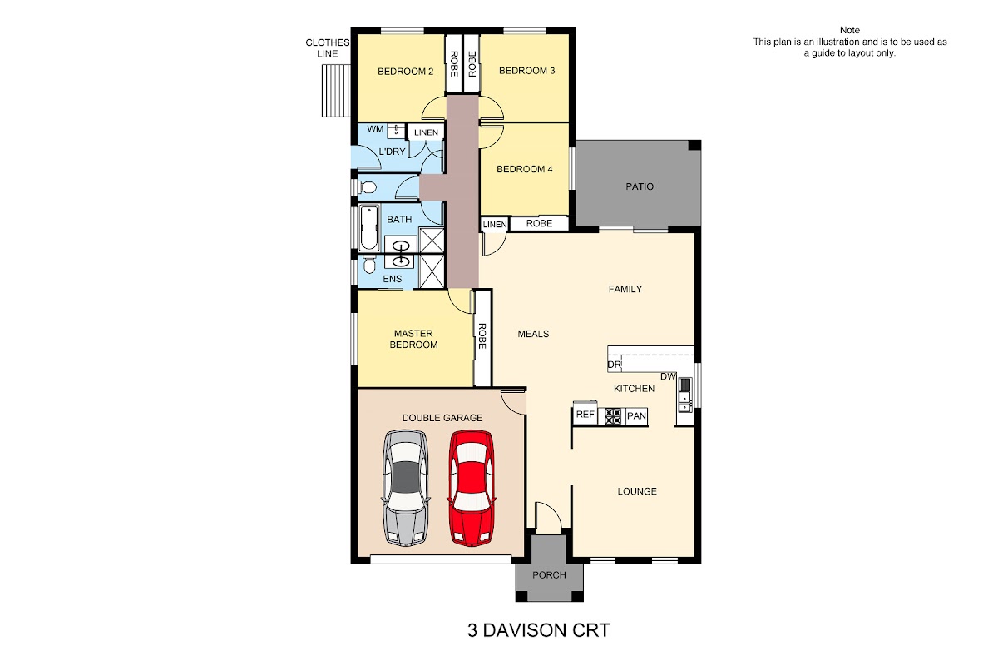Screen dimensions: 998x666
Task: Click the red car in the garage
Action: tap(472, 488)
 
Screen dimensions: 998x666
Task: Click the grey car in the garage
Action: tap(406, 488)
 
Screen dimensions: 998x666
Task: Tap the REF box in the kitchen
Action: tap(585, 415)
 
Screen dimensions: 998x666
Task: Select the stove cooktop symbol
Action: tap(613, 415)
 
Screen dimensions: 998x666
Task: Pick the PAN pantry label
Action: tap(636, 416)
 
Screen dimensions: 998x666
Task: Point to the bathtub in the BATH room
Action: tap(369, 228)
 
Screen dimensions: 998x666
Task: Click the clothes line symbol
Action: tap(336, 91)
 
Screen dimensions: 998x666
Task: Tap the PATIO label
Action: tap(640, 186)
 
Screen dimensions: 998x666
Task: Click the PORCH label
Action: tap(549, 575)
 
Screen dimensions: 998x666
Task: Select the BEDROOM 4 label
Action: tap(525, 169)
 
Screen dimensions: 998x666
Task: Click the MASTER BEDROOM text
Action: tap(413, 339)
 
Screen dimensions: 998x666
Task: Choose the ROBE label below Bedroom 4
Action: tap(539, 223)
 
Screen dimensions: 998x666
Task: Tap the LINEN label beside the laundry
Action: tap(426, 132)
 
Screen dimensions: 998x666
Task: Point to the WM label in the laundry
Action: tap(375, 129)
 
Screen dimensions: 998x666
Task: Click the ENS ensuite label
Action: tap(392, 279)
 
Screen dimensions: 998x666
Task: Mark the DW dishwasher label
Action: tap(668, 376)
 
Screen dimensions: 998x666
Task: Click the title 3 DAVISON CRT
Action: tap(539, 630)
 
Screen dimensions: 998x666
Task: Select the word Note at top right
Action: tap(850, 30)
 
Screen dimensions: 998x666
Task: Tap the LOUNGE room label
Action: tap(637, 491)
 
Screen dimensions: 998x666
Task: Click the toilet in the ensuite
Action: tap(368, 264)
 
